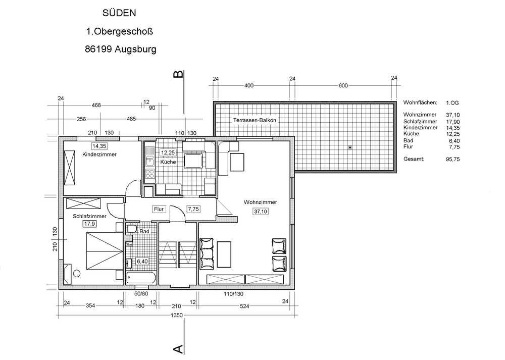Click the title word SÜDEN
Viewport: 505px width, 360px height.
[119, 13]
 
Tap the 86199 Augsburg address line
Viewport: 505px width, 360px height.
[121, 49]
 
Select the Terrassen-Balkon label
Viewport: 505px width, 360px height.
[255, 120]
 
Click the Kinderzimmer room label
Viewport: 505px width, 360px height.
[99, 154]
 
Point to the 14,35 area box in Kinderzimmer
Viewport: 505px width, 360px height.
[99, 146]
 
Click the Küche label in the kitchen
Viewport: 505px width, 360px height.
[168, 162]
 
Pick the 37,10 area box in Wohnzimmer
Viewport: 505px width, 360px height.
[261, 212]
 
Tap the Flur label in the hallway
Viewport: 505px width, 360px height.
[159, 210]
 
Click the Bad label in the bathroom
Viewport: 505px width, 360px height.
[144, 231]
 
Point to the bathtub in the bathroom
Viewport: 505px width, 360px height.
[141, 278]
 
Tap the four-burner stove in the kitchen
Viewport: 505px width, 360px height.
[149, 174]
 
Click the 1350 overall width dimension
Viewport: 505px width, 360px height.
[177, 315]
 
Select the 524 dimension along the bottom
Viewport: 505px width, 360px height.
[244, 306]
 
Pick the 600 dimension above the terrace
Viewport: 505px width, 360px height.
[343, 85]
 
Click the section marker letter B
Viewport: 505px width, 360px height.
[178, 74]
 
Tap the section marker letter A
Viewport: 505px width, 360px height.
[178, 349]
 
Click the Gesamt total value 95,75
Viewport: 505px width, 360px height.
[453, 159]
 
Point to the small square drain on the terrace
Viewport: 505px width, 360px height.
[350, 147]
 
